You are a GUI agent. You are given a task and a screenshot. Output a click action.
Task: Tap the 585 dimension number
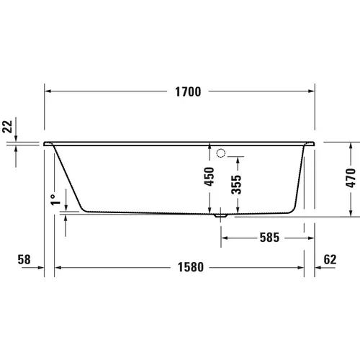click(264, 236)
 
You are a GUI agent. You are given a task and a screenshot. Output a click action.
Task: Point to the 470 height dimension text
click(351, 176)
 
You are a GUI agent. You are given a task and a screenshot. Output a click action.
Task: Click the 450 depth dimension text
click(209, 177)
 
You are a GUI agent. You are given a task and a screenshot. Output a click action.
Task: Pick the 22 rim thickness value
click(7, 127)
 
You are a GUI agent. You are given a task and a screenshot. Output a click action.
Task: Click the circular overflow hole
click(221, 152)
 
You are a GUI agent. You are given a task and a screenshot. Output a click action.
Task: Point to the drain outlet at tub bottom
click(221, 214)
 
